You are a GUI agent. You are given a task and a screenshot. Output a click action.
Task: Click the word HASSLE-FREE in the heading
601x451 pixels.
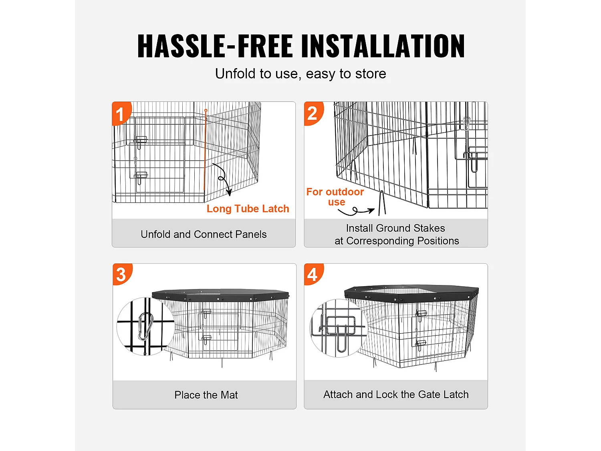coord(215,46)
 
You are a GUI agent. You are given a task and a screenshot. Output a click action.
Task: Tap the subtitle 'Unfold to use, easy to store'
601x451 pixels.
coord(300,74)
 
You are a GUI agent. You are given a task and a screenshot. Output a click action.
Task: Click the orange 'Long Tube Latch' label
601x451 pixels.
coord(248,208)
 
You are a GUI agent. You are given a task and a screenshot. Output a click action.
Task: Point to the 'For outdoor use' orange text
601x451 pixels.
coord(335,197)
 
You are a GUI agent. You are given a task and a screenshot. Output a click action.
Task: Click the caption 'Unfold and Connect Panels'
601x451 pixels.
coord(204,235)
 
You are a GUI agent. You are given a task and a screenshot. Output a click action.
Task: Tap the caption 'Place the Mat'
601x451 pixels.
coord(206,395)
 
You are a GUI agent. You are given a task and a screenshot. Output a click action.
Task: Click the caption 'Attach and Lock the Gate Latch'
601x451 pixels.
coord(396,394)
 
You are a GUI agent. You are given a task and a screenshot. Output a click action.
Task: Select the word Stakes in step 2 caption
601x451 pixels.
coord(430,228)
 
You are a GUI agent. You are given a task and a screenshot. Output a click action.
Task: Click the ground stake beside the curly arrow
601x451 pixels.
coord(382,203)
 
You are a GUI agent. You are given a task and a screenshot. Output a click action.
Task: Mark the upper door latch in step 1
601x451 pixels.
coord(140,142)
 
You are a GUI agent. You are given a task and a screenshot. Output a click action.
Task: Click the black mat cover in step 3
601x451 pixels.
coord(220,294)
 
